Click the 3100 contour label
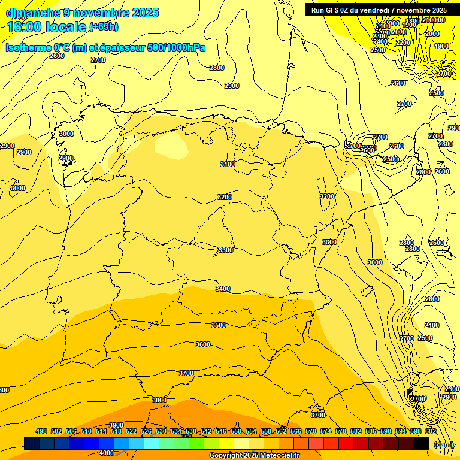click(x=228, y=164)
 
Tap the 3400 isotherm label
click(x=223, y=289)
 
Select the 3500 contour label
click(x=219, y=325)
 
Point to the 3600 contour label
click(x=203, y=344)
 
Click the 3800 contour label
click(x=159, y=400)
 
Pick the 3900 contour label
click(x=116, y=425)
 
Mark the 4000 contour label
click(x=106, y=453)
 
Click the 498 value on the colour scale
click(x=41, y=431)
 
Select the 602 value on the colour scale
click(x=430, y=431)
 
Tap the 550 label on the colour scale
click(x=235, y=431)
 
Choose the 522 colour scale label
click(x=131, y=431)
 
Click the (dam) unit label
click(x=444, y=444)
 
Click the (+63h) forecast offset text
click(x=104, y=27)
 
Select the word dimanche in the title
click(x=33, y=12)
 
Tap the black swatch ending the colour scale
click(x=421, y=443)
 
